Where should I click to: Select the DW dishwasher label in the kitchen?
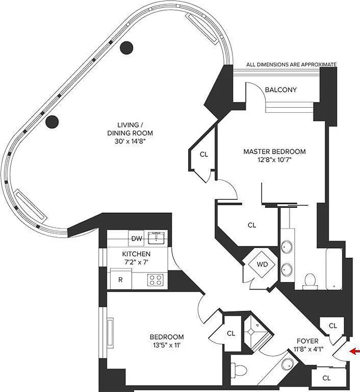click(137, 239)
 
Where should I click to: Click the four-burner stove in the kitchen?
click(156, 280)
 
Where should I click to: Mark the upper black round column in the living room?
click(127, 47)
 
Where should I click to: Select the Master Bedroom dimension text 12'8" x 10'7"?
click(274, 160)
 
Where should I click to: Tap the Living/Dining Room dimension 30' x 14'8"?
click(130, 142)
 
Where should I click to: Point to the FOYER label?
click(308, 341)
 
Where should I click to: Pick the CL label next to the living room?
click(204, 154)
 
